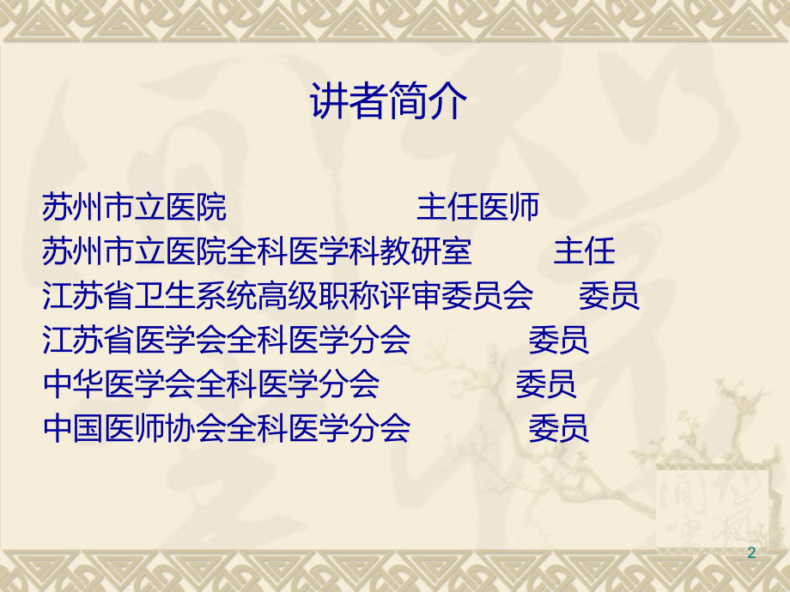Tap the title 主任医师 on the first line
tap(478, 207)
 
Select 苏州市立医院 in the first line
tap(134, 207)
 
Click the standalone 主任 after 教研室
tap(585, 251)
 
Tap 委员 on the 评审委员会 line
tap(609, 296)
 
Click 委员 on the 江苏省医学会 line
tap(558, 341)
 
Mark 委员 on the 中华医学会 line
tap(546, 384)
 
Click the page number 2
tap(752, 553)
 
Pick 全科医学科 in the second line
tap(303, 251)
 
